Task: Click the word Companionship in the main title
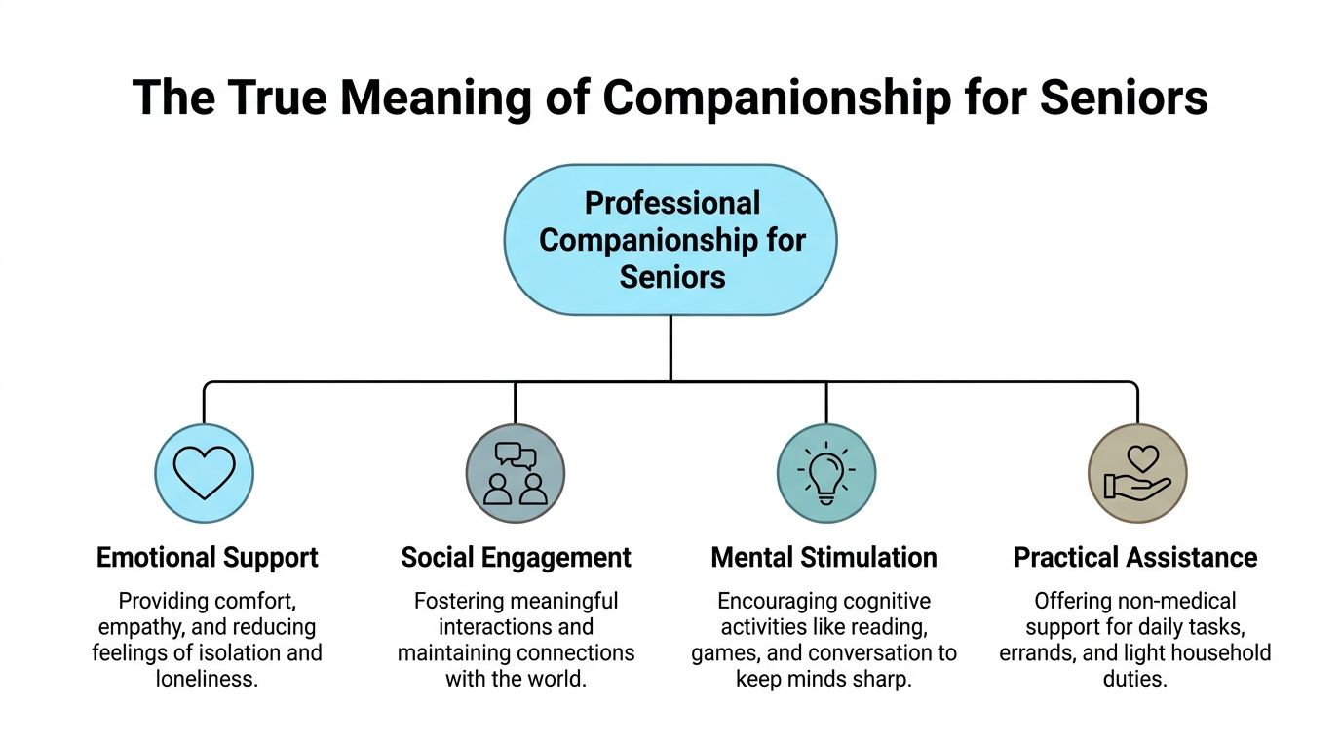pyautogui.click(x=777, y=99)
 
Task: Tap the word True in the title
pyautogui.click(x=277, y=98)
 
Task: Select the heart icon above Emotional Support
pyautogui.click(x=204, y=473)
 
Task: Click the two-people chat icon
pyautogui.click(x=516, y=473)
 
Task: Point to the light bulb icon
pyautogui.click(x=826, y=473)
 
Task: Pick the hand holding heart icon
pyautogui.click(x=1137, y=473)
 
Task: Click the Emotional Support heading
pyautogui.click(x=208, y=558)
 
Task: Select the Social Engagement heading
pyautogui.click(x=516, y=558)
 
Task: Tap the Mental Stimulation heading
pyautogui.click(x=824, y=558)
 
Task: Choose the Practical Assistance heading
pyautogui.click(x=1135, y=558)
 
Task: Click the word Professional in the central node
pyautogui.click(x=672, y=203)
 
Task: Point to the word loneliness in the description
pyautogui.click(x=207, y=679)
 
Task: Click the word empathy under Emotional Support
pyautogui.click(x=141, y=628)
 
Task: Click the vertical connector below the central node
pyautogui.click(x=670, y=348)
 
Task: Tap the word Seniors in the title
pyautogui.click(x=1124, y=98)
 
